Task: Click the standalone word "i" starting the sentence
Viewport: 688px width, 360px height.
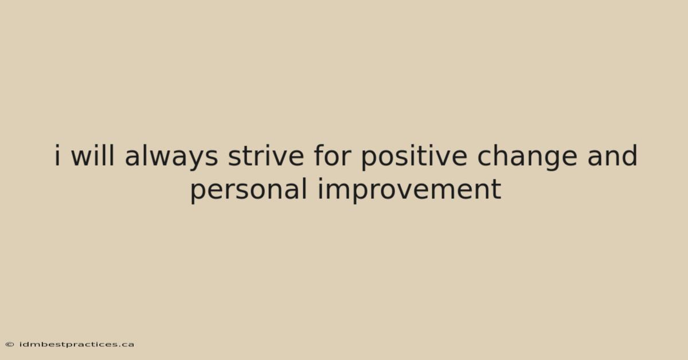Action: pyautogui.click(x=57, y=155)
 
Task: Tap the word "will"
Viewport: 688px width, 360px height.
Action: pyautogui.click(x=92, y=155)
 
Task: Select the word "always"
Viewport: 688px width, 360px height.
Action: pyautogui.click(x=171, y=157)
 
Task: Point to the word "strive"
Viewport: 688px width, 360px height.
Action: pyautogui.click(x=266, y=156)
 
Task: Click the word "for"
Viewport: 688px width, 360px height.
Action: pyautogui.click(x=333, y=155)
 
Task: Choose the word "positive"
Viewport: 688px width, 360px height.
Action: pyautogui.click(x=415, y=157)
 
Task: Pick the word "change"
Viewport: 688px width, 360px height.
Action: pyautogui.click(x=527, y=157)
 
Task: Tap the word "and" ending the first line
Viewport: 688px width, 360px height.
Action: pyautogui.click(x=612, y=155)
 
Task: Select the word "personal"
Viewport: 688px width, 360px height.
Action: pyautogui.click(x=249, y=190)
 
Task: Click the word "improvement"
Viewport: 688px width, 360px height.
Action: pyautogui.click(x=409, y=190)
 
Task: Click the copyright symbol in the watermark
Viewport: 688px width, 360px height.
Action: pyautogui.click(x=10, y=345)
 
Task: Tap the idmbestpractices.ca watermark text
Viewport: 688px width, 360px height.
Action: pyautogui.click(x=77, y=345)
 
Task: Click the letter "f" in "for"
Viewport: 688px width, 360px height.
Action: pyautogui.click(x=319, y=155)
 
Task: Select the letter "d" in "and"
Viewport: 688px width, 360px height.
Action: pyautogui.click(x=629, y=155)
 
